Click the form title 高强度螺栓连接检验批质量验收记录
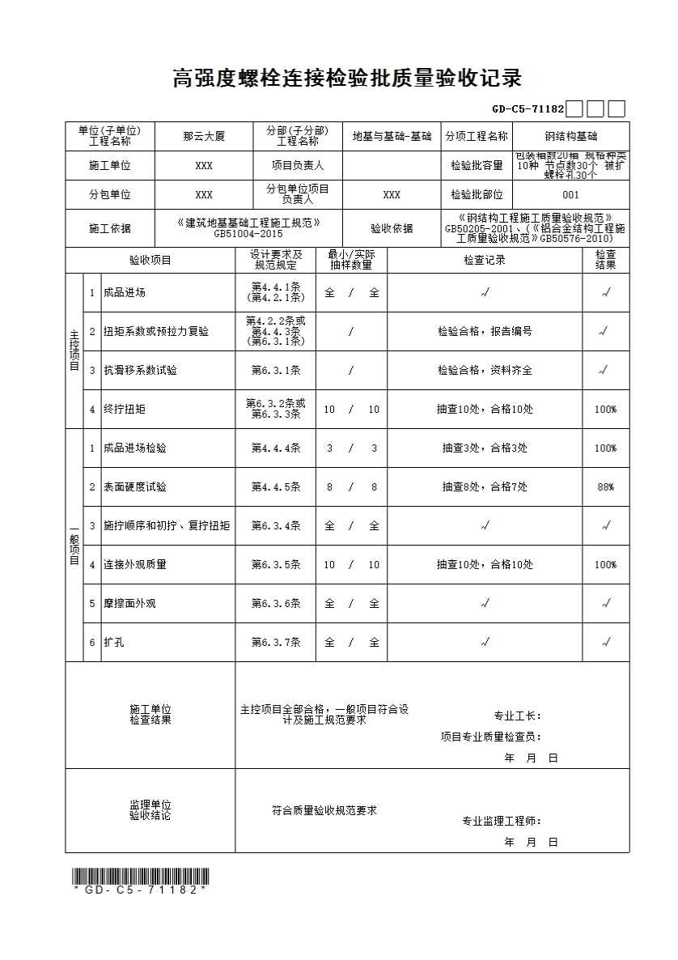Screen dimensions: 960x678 (x=347, y=79)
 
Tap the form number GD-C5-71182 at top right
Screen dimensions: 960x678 (x=528, y=108)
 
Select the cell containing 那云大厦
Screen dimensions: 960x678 (x=204, y=137)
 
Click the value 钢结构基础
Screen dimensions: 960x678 (x=571, y=137)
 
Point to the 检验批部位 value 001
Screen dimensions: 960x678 (x=571, y=195)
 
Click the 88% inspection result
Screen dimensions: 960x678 (x=605, y=487)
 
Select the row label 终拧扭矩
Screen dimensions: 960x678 (x=125, y=410)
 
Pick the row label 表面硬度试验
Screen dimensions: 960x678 (x=135, y=487)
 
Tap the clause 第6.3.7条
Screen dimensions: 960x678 (x=276, y=643)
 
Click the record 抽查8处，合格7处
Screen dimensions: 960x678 (x=485, y=487)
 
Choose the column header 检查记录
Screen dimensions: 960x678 (x=485, y=261)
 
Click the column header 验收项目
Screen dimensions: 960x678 (x=150, y=261)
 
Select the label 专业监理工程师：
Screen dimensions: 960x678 (x=502, y=821)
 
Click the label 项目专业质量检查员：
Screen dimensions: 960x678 (x=491, y=737)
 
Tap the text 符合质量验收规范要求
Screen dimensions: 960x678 (x=324, y=810)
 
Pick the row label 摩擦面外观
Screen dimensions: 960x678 (x=129, y=604)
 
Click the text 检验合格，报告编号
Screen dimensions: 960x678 (x=485, y=332)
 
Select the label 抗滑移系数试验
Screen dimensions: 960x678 (x=140, y=371)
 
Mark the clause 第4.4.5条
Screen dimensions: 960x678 (x=276, y=487)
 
